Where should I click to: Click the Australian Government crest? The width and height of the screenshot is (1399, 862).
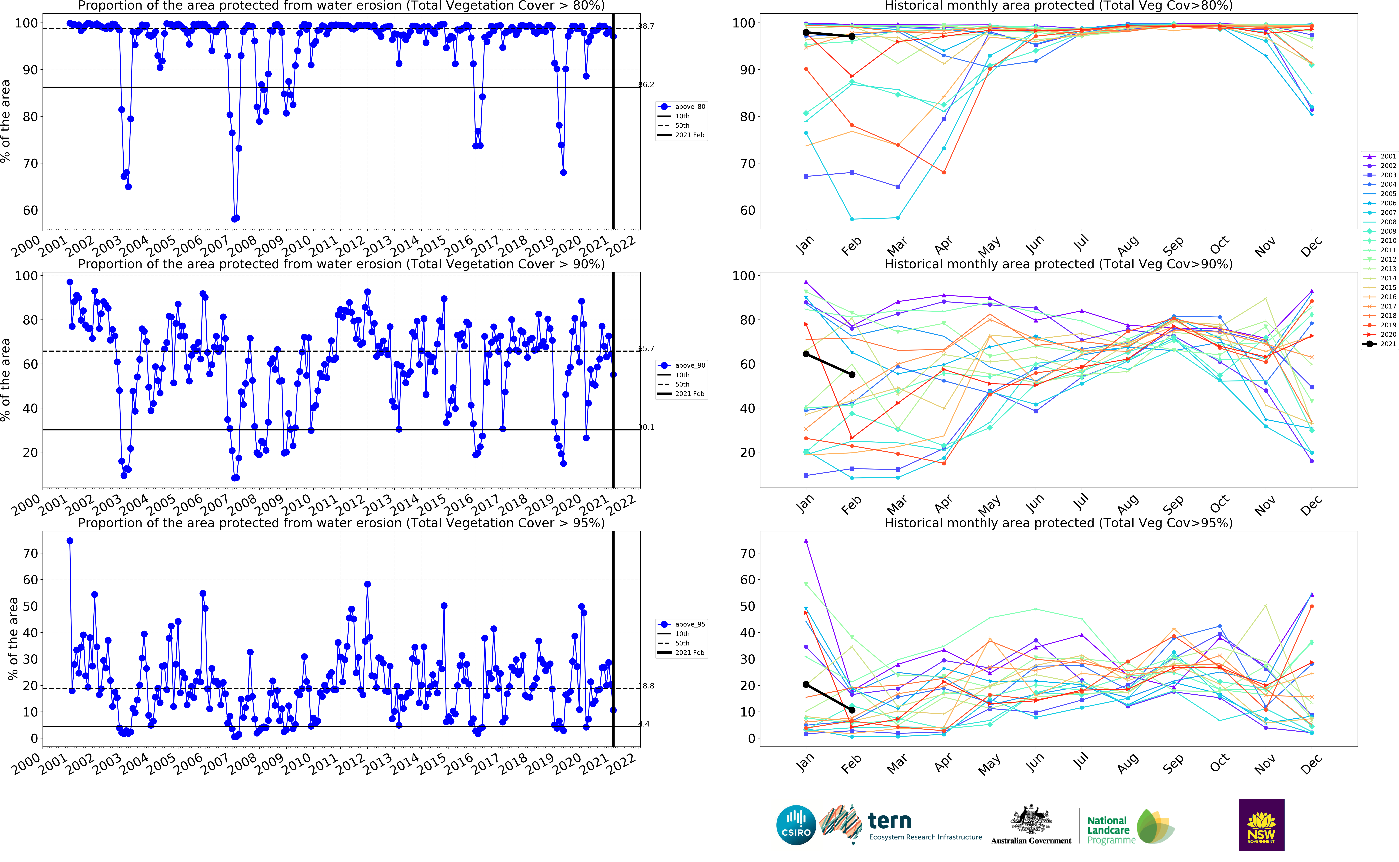click(x=1031, y=820)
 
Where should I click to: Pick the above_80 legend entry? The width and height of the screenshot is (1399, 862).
click(x=682, y=107)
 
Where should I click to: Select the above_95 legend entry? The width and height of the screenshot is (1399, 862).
click(x=682, y=624)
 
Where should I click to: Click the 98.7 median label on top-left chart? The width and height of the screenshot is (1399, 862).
click(x=646, y=26)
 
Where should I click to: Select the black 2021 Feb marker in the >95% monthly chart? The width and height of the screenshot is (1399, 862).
click(x=852, y=710)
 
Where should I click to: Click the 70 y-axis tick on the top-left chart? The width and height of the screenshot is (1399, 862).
click(x=30, y=164)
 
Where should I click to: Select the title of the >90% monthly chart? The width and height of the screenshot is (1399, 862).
click(x=1058, y=264)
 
